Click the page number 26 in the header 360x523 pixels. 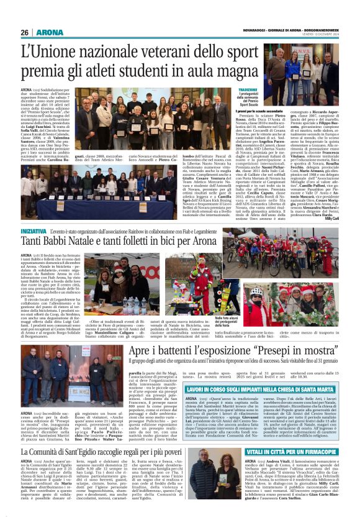(x=25, y=32)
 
